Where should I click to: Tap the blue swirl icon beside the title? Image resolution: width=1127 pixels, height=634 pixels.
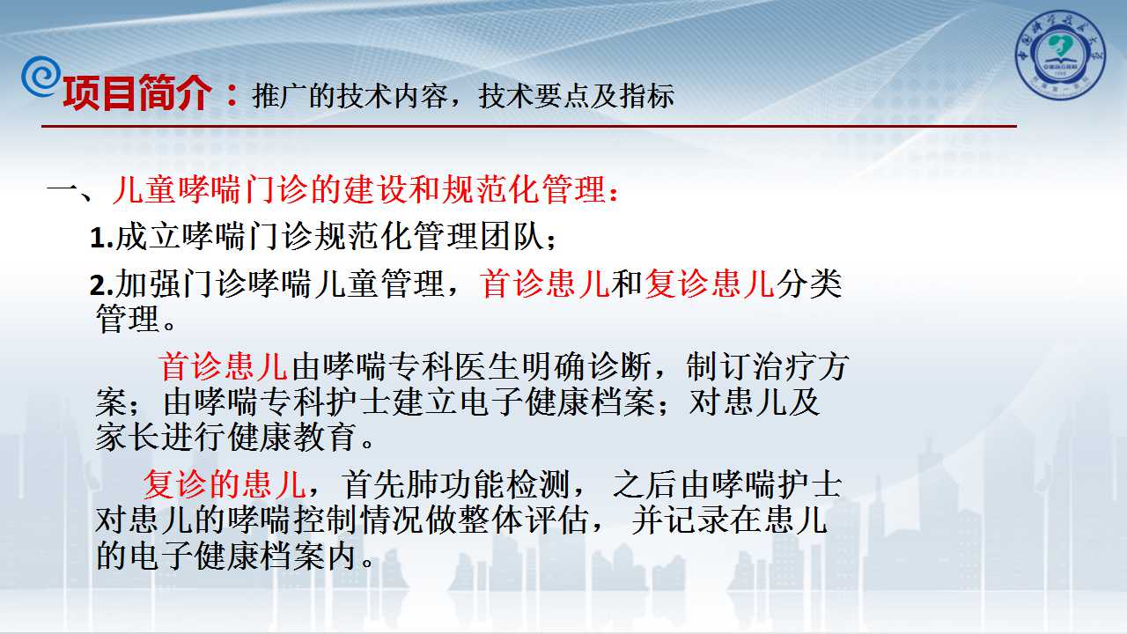[x=41, y=77]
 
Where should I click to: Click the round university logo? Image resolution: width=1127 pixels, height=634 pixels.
[x=1060, y=55]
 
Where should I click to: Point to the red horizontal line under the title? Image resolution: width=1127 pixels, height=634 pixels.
[x=529, y=126]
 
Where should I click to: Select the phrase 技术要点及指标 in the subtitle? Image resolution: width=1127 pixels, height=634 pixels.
[x=576, y=96]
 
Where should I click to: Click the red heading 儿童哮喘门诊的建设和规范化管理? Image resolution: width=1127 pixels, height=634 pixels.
[x=358, y=189]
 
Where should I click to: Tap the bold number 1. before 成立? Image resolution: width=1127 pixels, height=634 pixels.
[x=101, y=238]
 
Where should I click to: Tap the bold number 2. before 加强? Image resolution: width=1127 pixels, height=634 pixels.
[x=101, y=284]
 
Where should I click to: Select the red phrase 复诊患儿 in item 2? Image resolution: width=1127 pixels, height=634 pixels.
[x=709, y=284]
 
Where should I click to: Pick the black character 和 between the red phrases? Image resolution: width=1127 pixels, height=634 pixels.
[x=627, y=284]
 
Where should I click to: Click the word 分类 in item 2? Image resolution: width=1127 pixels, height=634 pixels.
[x=808, y=284]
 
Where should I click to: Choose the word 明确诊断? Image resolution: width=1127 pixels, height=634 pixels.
[x=586, y=366]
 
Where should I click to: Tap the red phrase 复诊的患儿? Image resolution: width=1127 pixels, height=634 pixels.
[x=225, y=484]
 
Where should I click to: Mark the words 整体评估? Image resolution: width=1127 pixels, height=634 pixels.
[x=523, y=520]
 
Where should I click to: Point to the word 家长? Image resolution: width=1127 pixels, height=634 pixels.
[x=128, y=437]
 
